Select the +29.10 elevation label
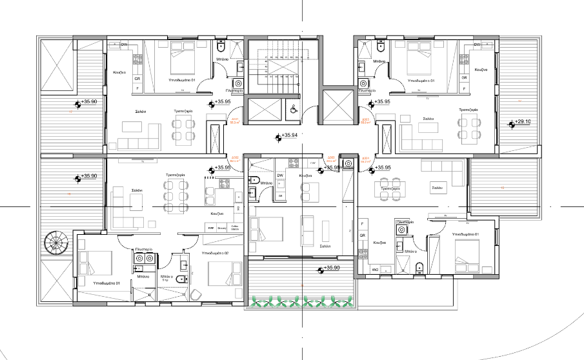(x=523, y=121)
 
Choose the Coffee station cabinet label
(x=234, y=228)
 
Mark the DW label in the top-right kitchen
(x=477, y=45)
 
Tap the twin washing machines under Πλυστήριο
(x=143, y=258)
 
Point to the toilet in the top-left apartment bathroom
(x=221, y=47)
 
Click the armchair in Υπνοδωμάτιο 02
(x=196, y=294)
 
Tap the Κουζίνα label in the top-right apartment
(x=479, y=69)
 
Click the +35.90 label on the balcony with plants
(x=331, y=268)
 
